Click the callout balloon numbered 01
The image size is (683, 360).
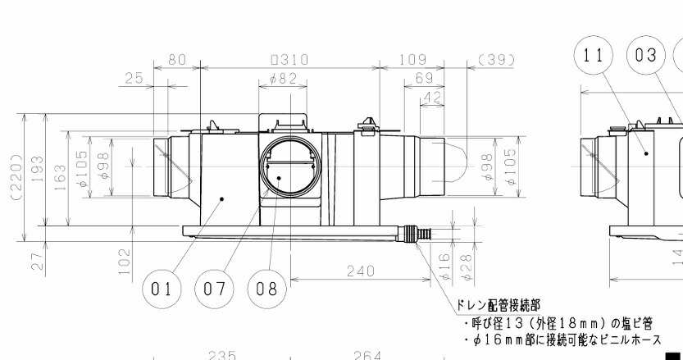pos(161,289)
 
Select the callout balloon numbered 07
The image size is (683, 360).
pos(213,289)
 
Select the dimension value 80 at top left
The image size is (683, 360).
pos(176,59)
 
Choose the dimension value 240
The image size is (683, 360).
pos(360,271)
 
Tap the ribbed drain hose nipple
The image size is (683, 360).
pos(422,235)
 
